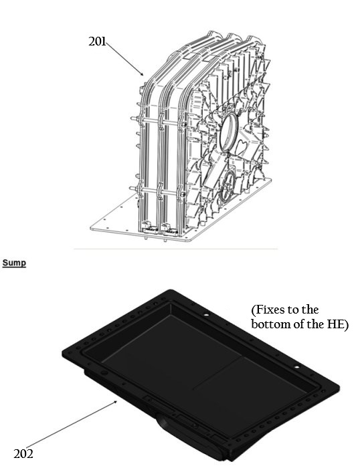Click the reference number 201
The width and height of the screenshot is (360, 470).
[98, 41]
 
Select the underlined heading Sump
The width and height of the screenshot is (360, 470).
[13, 263]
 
